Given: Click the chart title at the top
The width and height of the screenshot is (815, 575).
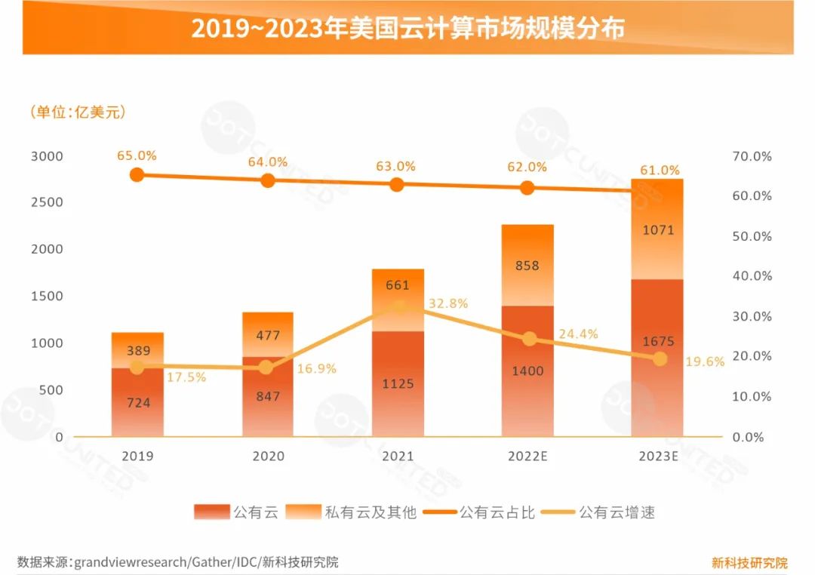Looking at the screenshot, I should click(407, 28).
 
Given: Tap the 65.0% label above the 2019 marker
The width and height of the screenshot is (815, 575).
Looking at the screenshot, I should click(137, 155).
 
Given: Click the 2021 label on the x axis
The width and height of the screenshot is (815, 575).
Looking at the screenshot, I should click(398, 457).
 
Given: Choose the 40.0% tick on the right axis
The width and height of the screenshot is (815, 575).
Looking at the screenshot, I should click(752, 276).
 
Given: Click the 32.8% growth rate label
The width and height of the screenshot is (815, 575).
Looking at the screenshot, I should click(448, 303).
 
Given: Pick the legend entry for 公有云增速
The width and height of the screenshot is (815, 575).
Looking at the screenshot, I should click(617, 512).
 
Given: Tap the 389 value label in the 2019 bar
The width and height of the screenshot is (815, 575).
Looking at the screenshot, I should click(137, 351).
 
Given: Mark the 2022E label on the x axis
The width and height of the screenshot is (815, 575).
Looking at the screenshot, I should click(527, 457).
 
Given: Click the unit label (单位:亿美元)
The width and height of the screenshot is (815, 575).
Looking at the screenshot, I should click(78, 112).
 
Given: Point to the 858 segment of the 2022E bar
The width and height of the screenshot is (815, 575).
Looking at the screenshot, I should click(527, 266).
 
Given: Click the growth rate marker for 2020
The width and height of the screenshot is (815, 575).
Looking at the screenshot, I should click(266, 367).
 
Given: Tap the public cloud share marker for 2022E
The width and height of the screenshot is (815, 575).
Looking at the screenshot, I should click(527, 188).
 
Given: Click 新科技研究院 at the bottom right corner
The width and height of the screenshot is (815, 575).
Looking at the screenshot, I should click(749, 562).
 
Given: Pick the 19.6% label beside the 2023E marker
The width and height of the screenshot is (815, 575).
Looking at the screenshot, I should click(705, 361).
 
